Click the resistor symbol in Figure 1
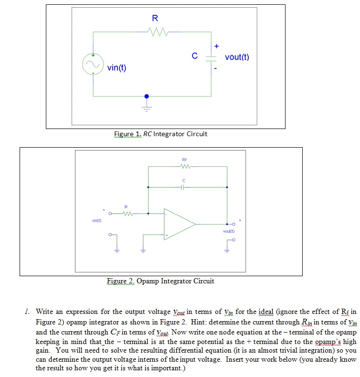coord(157,32)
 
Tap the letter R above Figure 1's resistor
coord(155,19)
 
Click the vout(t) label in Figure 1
coord(237,57)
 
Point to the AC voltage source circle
coord(92,64)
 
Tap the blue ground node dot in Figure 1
coord(147,96)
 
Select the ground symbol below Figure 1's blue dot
coord(147,104)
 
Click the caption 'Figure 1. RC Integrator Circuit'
coord(160,134)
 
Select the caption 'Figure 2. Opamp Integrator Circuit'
coord(160,281)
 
